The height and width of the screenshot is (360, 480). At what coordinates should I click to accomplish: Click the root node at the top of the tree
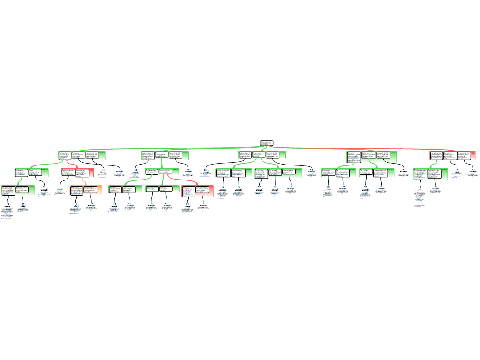[266, 143]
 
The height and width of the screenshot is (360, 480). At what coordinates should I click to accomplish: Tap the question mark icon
[457, 172]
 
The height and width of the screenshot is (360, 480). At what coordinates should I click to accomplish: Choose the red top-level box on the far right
[452, 156]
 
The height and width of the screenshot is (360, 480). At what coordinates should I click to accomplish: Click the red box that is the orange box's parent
[77, 172]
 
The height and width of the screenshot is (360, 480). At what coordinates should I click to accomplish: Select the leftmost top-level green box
[82, 156]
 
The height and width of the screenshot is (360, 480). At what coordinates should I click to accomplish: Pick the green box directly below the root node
[262, 155]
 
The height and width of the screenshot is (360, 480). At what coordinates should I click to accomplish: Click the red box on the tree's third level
[197, 191]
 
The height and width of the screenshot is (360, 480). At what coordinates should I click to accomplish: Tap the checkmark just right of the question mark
[472, 173]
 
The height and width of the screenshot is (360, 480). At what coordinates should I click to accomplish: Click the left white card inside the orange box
[77, 191]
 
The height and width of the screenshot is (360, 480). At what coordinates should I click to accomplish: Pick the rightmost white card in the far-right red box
[464, 156]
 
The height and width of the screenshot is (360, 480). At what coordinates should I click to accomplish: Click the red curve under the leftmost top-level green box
[71, 164]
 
